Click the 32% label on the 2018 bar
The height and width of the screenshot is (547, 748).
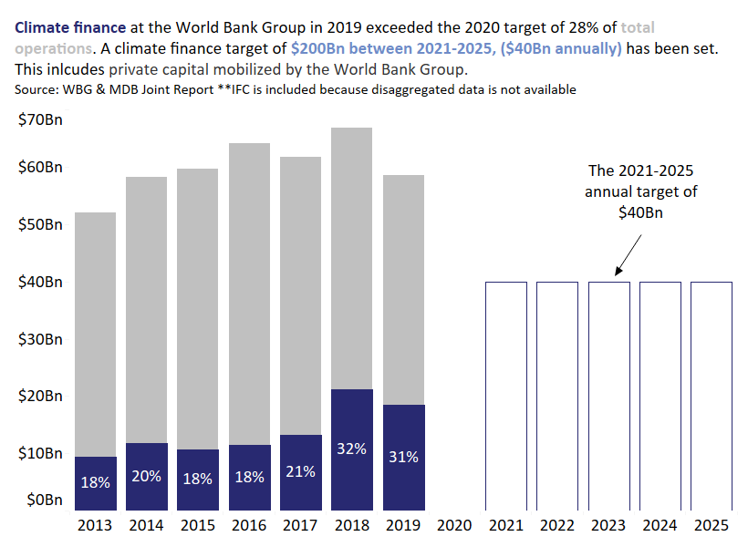[x=351, y=449]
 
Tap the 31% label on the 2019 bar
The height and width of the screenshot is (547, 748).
[x=403, y=457]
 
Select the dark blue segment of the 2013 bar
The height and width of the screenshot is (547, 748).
[x=95, y=483]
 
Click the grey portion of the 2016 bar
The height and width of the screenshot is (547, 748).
[x=248, y=292]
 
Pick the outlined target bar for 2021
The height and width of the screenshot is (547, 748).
[x=505, y=396]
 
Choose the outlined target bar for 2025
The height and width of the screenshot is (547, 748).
[x=711, y=396]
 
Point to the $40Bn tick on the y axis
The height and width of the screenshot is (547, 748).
[x=39, y=282]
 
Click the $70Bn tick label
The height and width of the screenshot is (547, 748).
[x=39, y=119]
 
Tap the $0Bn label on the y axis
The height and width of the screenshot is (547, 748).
[x=43, y=500]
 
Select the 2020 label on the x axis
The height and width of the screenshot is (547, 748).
[x=454, y=525]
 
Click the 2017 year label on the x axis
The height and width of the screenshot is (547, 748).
[x=300, y=525]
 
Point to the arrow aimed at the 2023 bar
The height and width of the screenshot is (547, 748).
[x=630, y=253]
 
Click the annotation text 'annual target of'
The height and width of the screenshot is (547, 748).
[x=640, y=191]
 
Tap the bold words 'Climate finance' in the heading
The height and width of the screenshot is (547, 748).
[x=65, y=27]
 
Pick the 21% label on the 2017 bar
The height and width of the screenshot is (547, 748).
[x=300, y=471]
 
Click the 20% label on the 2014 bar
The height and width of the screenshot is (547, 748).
[x=146, y=476]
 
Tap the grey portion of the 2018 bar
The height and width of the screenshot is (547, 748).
[x=351, y=255]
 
